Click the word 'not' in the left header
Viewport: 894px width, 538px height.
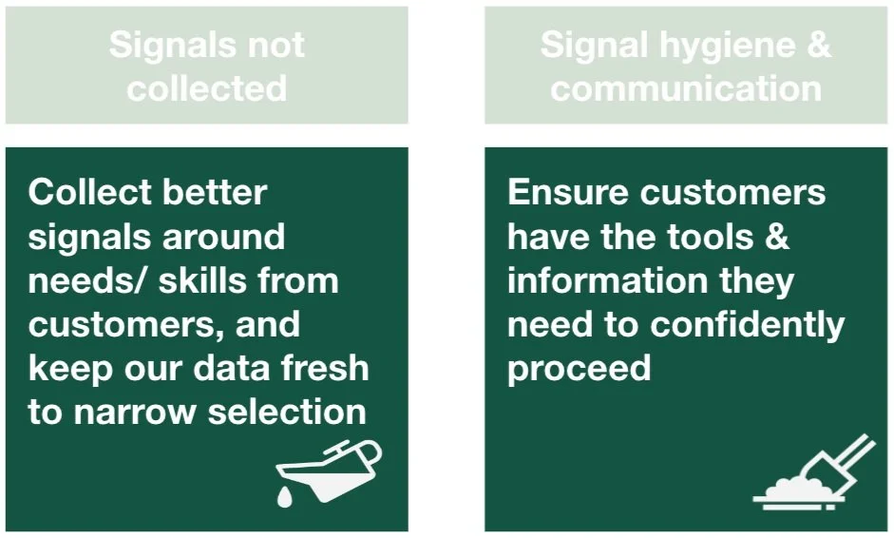coord(276,46)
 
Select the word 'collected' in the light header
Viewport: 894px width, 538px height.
coord(207,88)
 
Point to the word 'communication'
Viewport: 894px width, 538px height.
coord(686,88)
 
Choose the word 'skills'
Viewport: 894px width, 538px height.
coord(195,280)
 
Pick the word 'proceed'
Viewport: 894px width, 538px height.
coord(579,369)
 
